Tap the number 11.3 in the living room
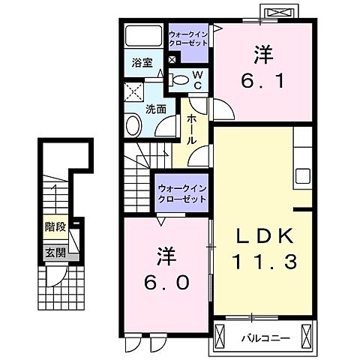point(260,262)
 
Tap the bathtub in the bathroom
point(143,37)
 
